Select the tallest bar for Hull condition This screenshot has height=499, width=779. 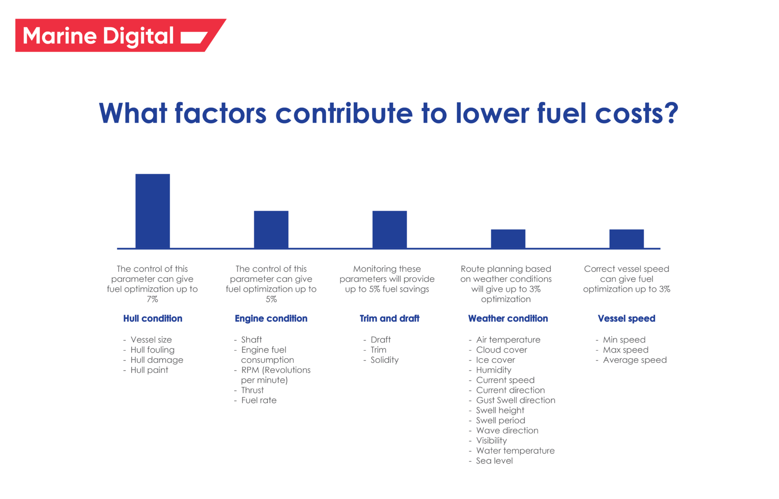point(153,211)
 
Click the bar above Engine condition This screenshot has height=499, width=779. point(271,230)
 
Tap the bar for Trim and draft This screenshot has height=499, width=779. point(389,230)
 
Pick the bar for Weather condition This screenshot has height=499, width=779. point(508,239)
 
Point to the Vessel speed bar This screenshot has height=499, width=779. point(626,239)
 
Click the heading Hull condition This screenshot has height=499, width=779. point(153,318)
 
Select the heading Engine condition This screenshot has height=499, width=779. point(271,318)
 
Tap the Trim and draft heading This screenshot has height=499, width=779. point(389,318)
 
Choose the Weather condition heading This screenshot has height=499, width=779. point(508,318)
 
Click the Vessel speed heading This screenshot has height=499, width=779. point(626,318)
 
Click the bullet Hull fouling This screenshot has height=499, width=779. point(153,350)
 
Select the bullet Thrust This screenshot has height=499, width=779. point(252,390)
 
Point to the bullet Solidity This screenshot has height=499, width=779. point(384,360)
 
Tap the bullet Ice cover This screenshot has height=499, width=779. point(495,360)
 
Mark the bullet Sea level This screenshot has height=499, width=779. point(494,461)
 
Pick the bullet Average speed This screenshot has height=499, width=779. point(635,360)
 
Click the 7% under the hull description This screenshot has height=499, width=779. point(153,299)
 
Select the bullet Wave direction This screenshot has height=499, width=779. point(507,430)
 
